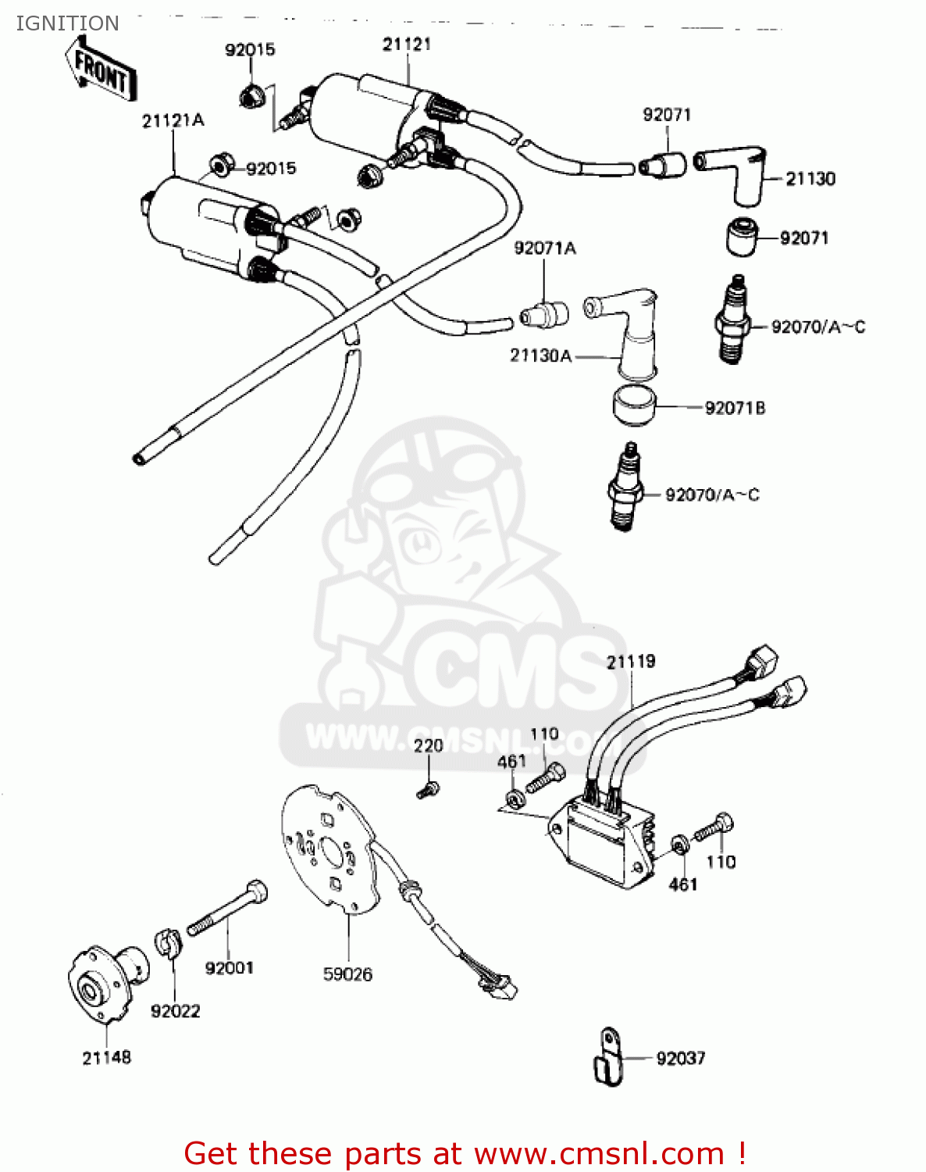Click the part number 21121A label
click(173, 120)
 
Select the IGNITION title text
click(67, 23)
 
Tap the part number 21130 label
click(810, 179)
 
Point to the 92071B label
click(735, 408)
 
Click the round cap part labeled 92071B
click(633, 404)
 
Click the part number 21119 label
click(631, 662)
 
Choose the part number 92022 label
click(175, 1012)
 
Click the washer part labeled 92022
click(167, 942)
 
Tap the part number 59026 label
click(347, 974)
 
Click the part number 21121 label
click(407, 45)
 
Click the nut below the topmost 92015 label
click(251, 96)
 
